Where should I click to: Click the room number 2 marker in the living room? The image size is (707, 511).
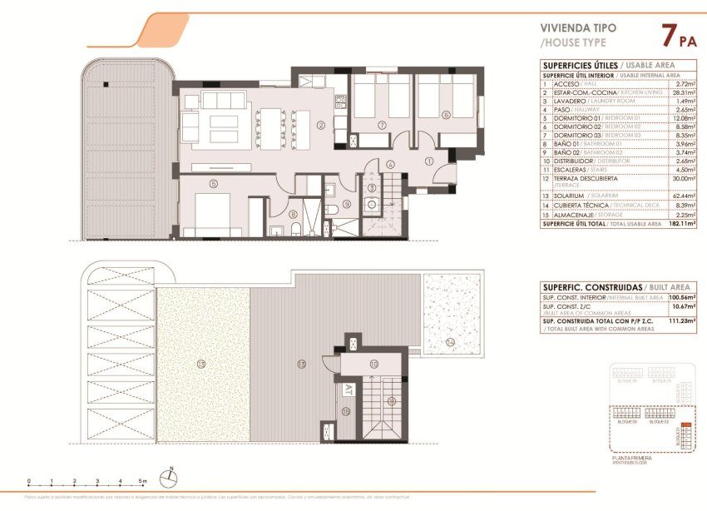[x=320, y=127]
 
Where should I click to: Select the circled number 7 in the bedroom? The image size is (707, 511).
[x=381, y=126]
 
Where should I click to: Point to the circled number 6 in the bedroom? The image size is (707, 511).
[x=446, y=116]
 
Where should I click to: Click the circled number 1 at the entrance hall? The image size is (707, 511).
[x=429, y=161]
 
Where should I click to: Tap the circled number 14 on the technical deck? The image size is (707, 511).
[x=450, y=342]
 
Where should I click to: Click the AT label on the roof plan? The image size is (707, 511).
[x=346, y=389]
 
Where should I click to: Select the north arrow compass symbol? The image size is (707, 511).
[x=170, y=478]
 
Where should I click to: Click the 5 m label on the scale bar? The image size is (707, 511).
[x=143, y=481]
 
